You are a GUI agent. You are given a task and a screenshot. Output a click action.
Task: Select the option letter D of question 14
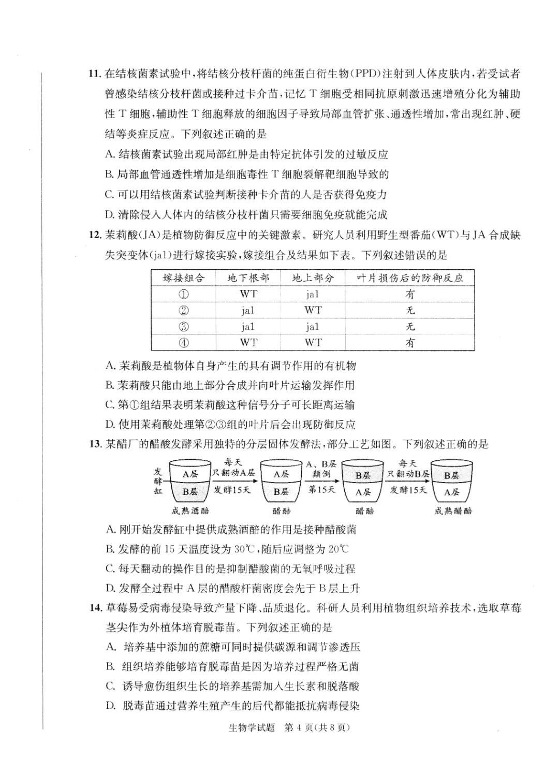(110, 706)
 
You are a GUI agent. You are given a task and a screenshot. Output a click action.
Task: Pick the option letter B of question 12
(109, 385)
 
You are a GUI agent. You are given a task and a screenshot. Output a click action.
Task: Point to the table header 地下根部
(248, 278)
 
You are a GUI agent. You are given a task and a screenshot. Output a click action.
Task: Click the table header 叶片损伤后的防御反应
(410, 278)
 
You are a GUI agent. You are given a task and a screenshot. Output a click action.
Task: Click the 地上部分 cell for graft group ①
(313, 295)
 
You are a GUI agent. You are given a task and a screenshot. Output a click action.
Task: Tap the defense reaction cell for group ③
(410, 327)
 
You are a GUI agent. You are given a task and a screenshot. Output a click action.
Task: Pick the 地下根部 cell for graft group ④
(248, 343)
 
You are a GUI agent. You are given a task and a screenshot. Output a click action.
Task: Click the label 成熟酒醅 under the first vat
(190, 511)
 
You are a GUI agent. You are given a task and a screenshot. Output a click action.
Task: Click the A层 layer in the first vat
(190, 474)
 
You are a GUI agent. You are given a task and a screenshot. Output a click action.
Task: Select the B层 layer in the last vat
(452, 475)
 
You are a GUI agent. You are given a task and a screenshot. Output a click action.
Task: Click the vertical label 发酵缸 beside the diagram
(158, 480)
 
